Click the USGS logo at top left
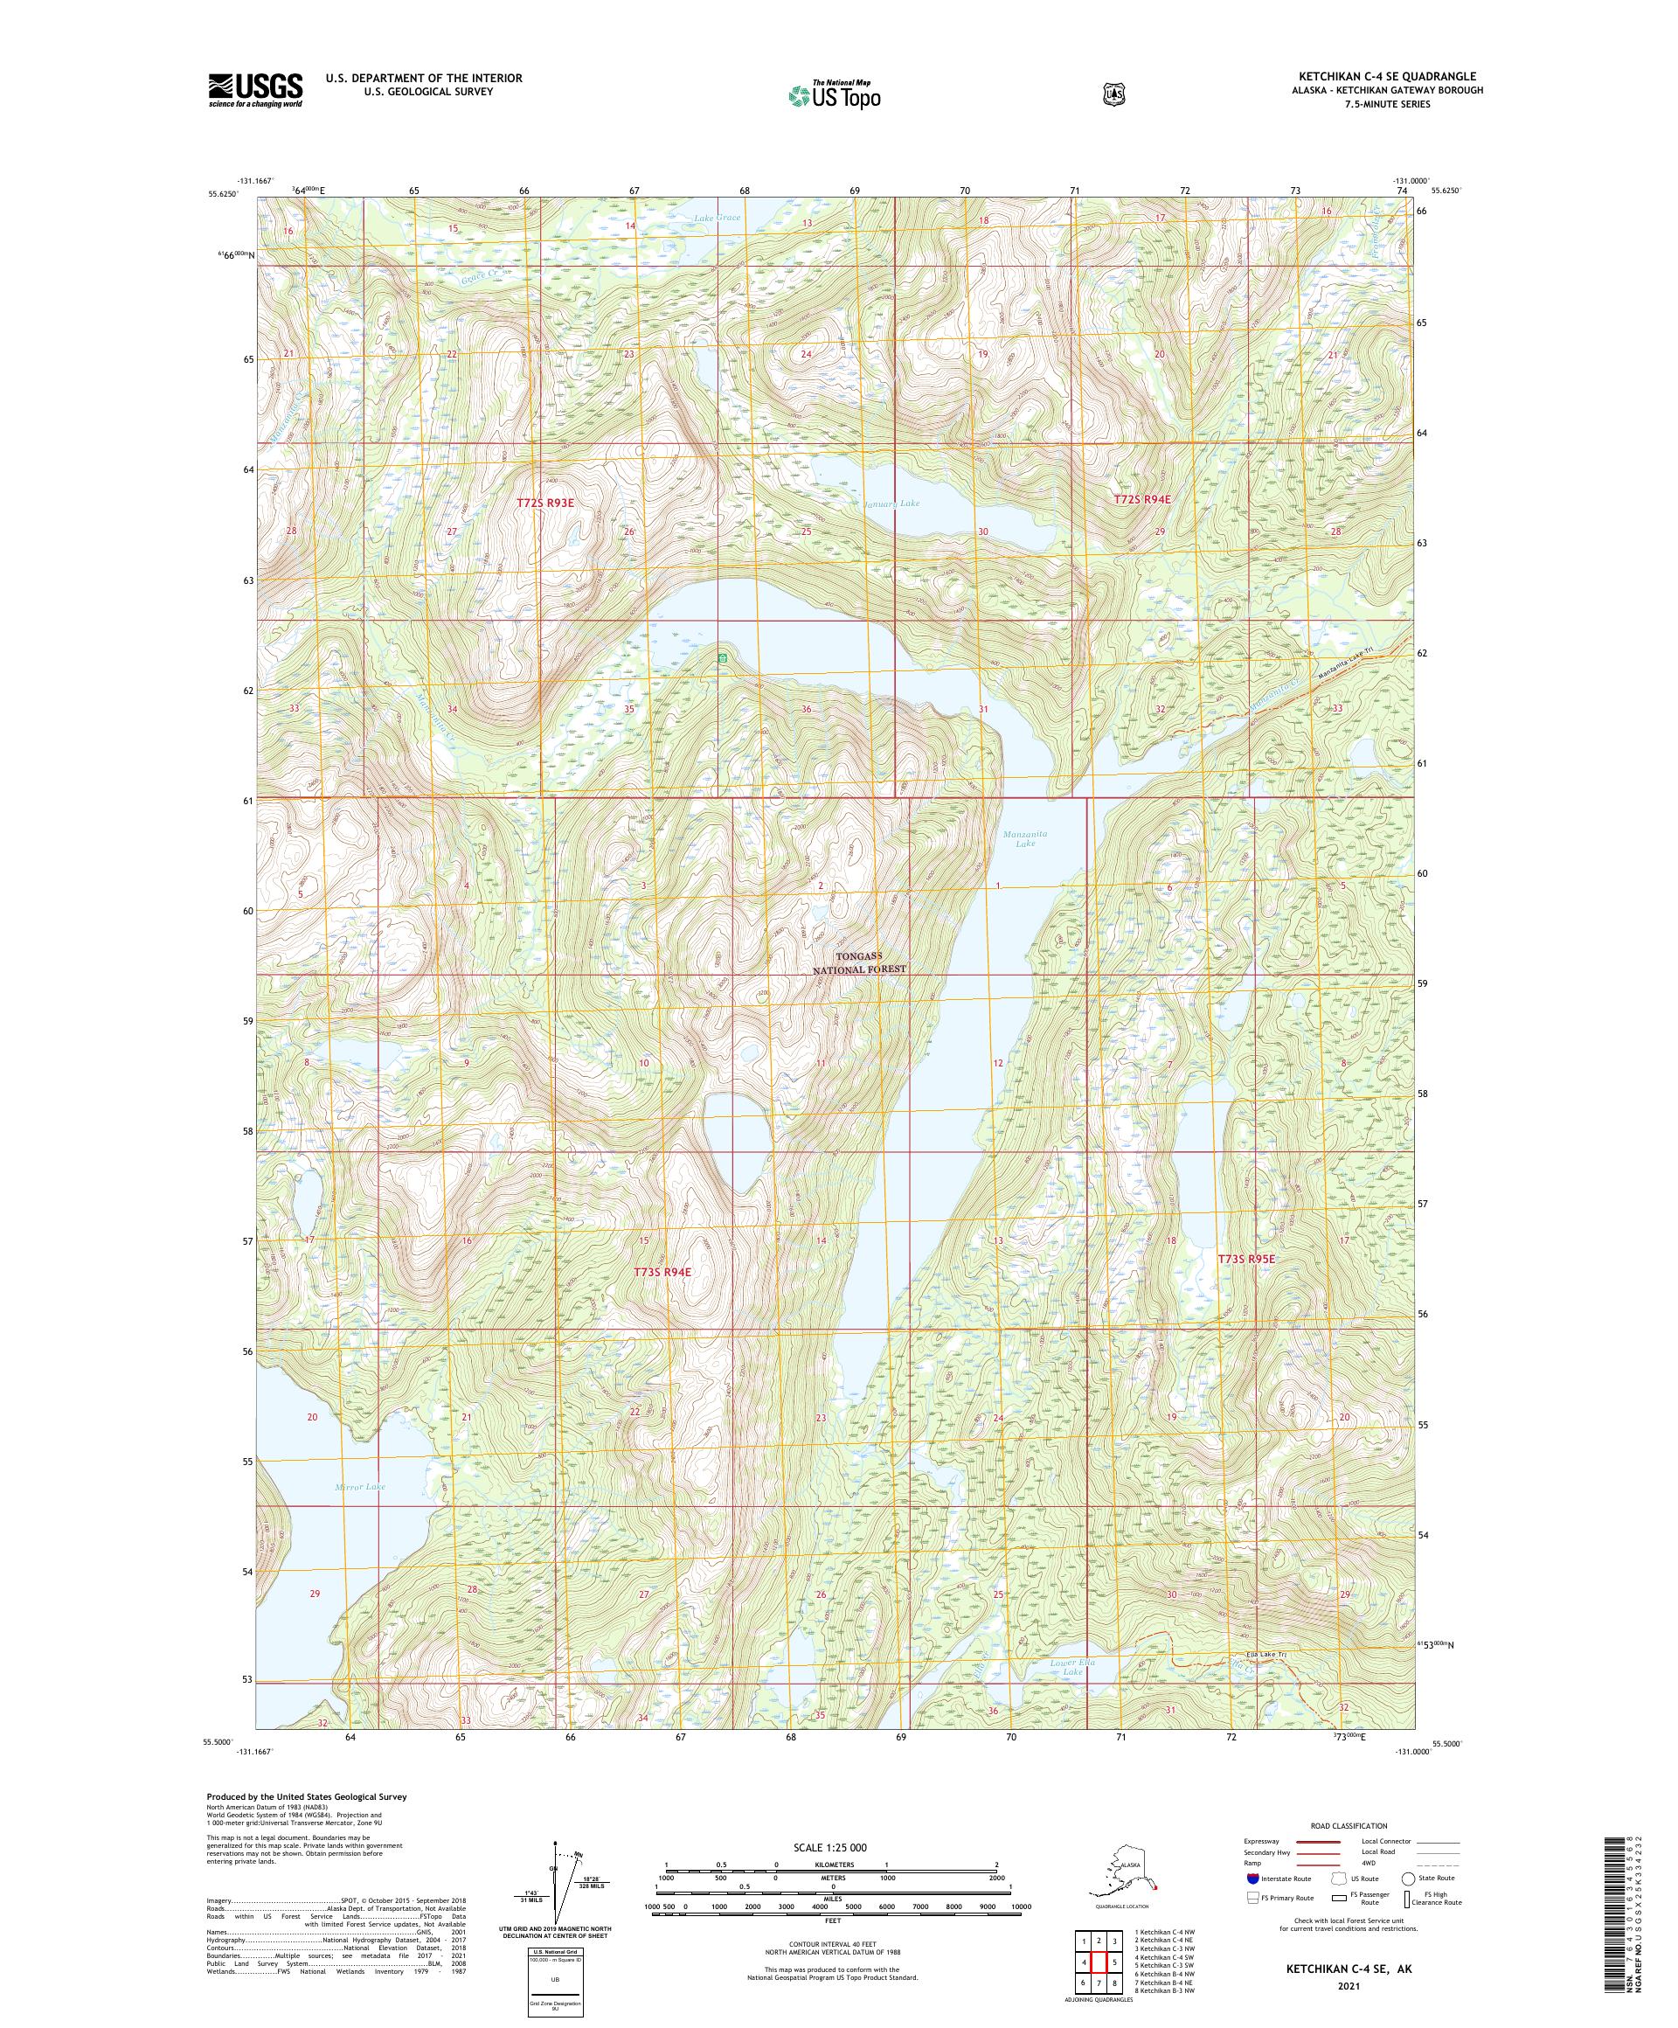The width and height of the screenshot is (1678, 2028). pos(255,90)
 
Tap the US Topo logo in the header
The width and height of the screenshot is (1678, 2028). pos(834,94)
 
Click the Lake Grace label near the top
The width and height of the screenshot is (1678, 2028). pos(718,219)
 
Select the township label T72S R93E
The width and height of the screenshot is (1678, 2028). pos(545,502)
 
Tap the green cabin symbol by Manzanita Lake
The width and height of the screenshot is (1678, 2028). pos(721,657)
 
